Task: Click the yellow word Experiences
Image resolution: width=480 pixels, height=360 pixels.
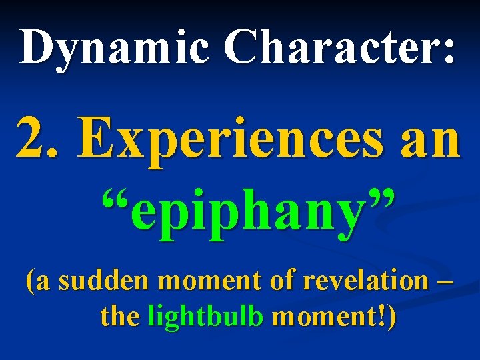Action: tap(223, 138)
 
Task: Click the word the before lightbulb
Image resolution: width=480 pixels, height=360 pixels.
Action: tap(120, 317)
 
